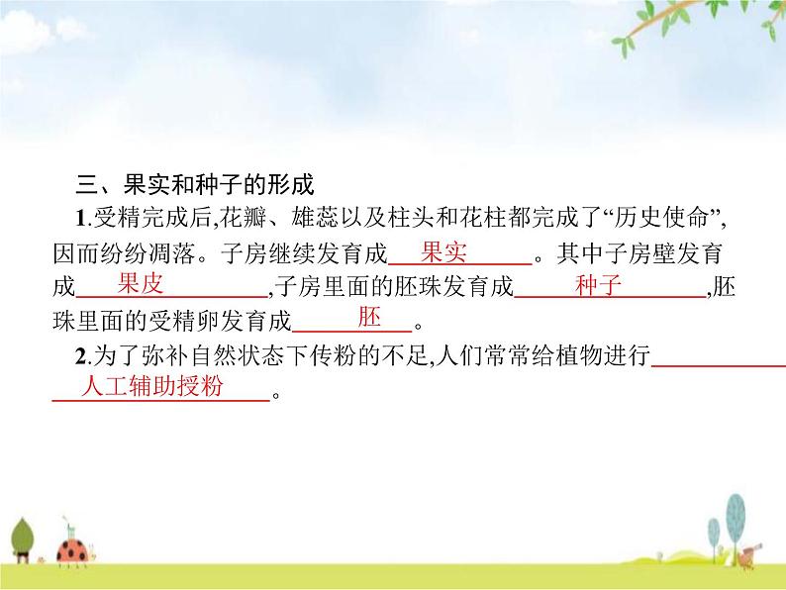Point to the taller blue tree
[736, 517]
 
